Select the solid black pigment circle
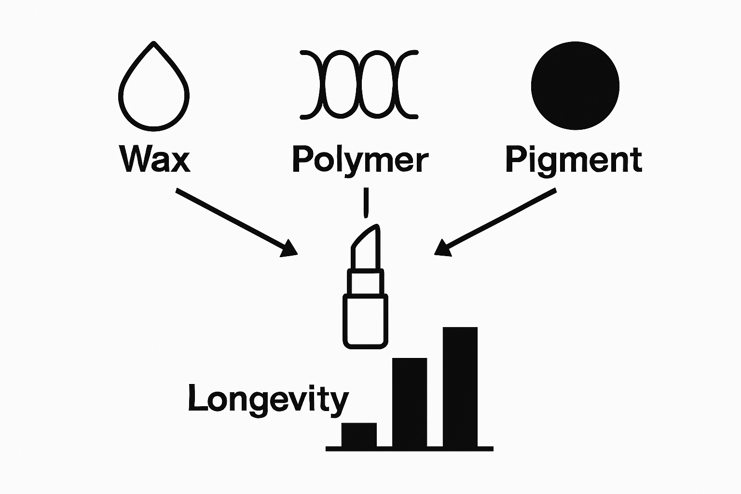click(x=575, y=86)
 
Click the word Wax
click(x=154, y=159)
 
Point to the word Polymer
click(x=360, y=160)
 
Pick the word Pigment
click(x=574, y=159)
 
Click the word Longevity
click(x=268, y=399)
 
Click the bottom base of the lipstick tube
click(x=365, y=321)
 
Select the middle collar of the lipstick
click(x=365, y=282)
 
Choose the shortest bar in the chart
click(x=359, y=435)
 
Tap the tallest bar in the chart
click(x=460, y=386)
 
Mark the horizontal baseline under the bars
click(x=409, y=449)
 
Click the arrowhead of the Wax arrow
click(x=290, y=249)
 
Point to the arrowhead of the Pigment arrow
click(x=442, y=248)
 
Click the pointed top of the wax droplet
click(x=153, y=45)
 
